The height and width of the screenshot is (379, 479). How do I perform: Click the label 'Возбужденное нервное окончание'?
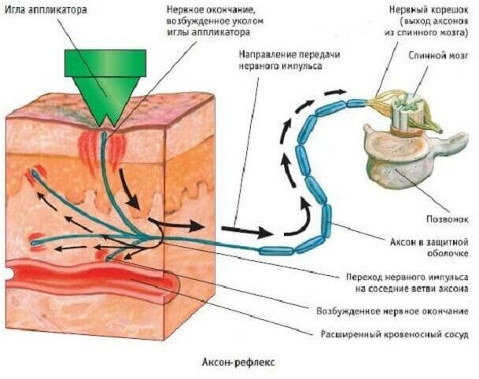(396, 311)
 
